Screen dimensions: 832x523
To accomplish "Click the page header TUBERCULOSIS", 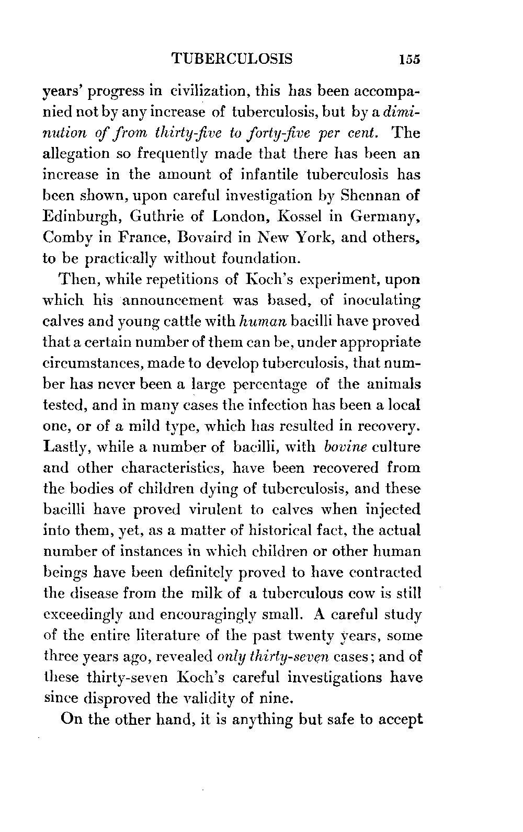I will tap(232, 59).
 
